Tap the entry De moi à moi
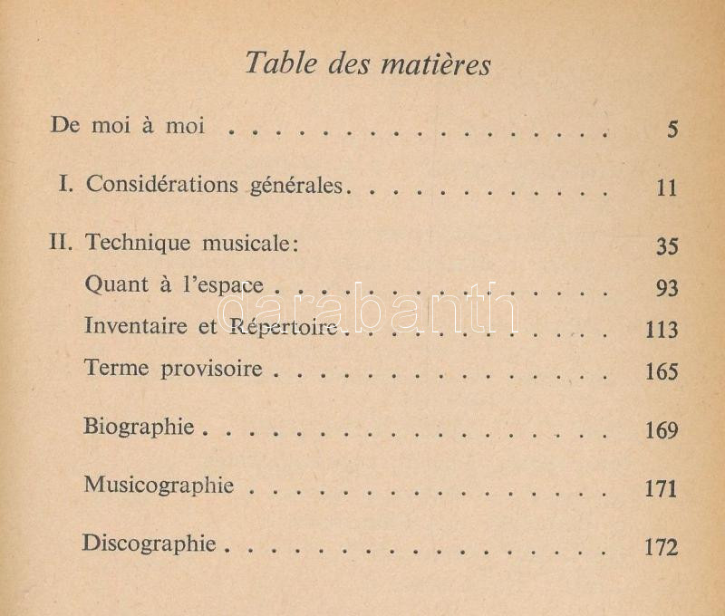[128, 126]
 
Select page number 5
[672, 129]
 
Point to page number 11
[667, 188]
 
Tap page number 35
[666, 246]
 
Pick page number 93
[666, 289]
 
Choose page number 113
[661, 331]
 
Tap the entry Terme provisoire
[173, 369]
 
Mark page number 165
[661, 371]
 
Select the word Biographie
[139, 427]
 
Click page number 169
[661, 430]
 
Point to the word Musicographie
[159, 485]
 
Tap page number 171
[661, 489]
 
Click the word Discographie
[149, 544]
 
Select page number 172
[661, 548]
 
